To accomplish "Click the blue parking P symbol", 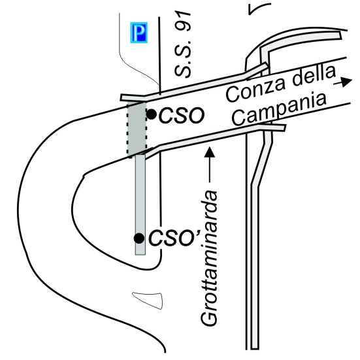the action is tap(139, 33).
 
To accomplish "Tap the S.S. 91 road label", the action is tap(183, 44).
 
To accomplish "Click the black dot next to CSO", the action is tap(152, 114).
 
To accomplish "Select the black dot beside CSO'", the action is tap(139, 238).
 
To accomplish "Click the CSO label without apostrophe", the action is tap(182, 115).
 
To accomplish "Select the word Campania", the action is tap(279, 110).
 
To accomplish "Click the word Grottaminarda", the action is tap(209, 257).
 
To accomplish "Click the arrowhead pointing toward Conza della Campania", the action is tap(346, 82).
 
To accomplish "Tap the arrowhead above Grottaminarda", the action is tap(209, 152).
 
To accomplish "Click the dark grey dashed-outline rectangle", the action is tap(137, 129).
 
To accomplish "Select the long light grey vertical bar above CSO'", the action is tap(140, 205).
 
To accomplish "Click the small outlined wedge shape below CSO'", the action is tap(149, 300).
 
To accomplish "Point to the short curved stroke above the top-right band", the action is tap(259, 8).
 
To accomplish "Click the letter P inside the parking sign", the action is tap(139, 33).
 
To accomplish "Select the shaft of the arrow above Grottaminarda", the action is tap(209, 170).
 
